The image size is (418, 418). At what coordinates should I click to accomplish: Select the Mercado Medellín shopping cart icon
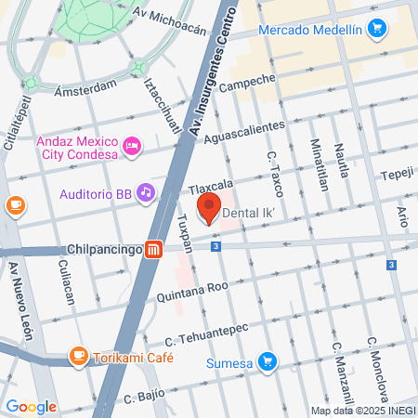click(x=376, y=30)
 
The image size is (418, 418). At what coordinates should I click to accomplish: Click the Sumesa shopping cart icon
click(x=268, y=360)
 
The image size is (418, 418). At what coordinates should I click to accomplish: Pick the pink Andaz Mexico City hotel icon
click(x=132, y=147)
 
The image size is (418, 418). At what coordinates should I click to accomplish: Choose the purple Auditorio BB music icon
click(x=145, y=193)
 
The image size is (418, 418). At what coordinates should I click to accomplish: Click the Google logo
click(x=31, y=406)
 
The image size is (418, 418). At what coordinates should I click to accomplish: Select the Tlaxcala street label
click(x=210, y=184)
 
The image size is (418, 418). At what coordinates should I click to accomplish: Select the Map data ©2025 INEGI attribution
click(x=362, y=411)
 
